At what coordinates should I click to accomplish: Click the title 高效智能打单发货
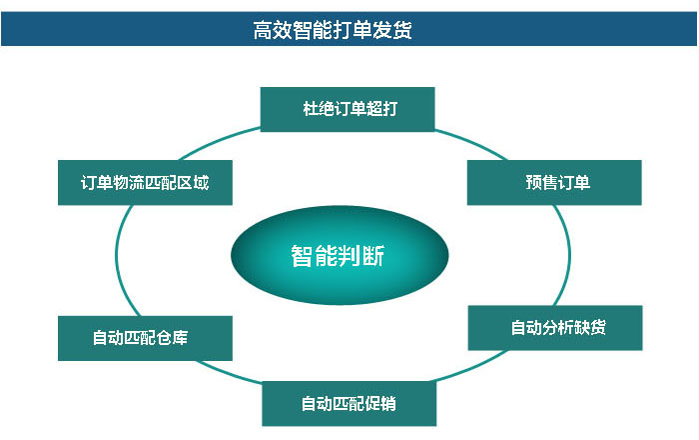coord(333,30)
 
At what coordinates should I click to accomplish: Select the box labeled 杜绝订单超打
coord(348,109)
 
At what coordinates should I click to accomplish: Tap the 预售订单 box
coord(554,183)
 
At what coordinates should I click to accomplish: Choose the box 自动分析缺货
coord(555,328)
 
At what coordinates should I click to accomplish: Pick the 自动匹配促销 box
coord(349,403)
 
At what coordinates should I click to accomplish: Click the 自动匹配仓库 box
coord(145,338)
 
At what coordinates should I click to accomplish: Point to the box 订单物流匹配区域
coord(145,183)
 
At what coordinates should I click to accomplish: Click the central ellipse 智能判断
coord(340,255)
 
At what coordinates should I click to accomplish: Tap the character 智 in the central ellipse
coord(302,256)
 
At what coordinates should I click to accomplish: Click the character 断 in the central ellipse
coord(373,256)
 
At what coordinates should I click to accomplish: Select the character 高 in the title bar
coord(263,30)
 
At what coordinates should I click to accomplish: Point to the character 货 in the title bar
coord(402,30)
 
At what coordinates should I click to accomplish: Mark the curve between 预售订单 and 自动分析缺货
coord(569,255)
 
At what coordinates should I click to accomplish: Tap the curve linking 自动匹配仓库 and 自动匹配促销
coord(229,373)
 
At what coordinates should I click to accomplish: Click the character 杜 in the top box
coord(311,109)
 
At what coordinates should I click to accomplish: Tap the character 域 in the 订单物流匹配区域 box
coord(201,183)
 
